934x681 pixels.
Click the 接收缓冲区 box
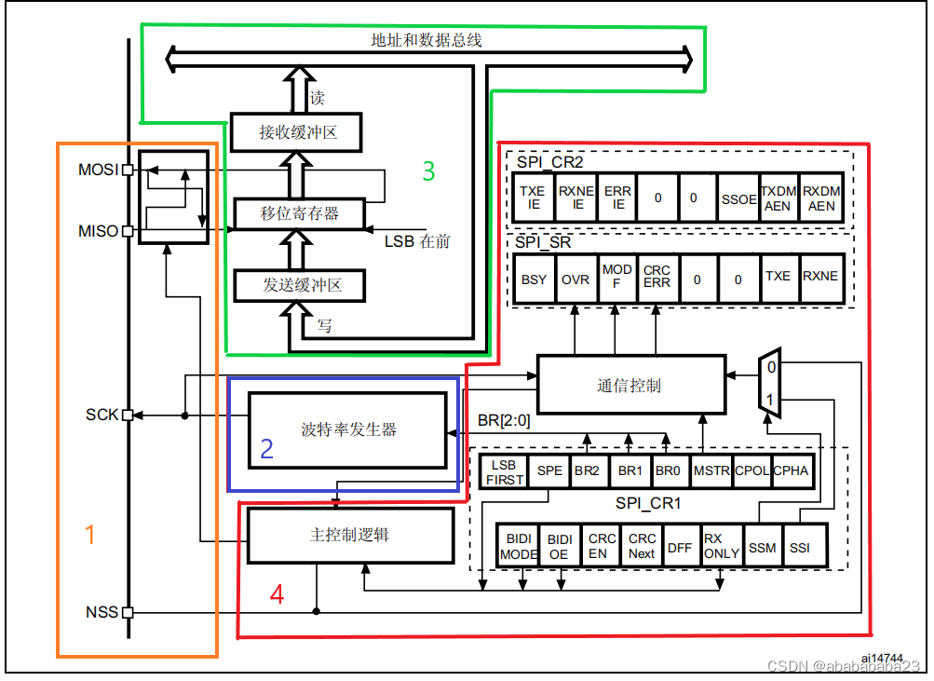[296, 133]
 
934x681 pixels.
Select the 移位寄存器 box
[299, 213]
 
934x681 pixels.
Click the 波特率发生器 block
[348, 429]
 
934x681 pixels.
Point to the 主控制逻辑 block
[349, 536]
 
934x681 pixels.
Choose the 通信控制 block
[630, 384]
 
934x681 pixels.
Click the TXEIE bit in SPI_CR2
[533, 197]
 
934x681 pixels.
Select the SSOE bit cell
[738, 198]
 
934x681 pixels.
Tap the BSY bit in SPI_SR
[535, 278]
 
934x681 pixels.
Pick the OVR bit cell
[575, 278]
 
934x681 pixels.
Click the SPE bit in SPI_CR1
[549, 470]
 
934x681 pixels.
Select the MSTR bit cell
[712, 470]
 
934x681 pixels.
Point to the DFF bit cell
[680, 548]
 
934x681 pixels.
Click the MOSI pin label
[100, 170]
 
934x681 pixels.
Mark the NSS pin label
[102, 612]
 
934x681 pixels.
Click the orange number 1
[90, 535]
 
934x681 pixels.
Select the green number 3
[428, 171]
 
